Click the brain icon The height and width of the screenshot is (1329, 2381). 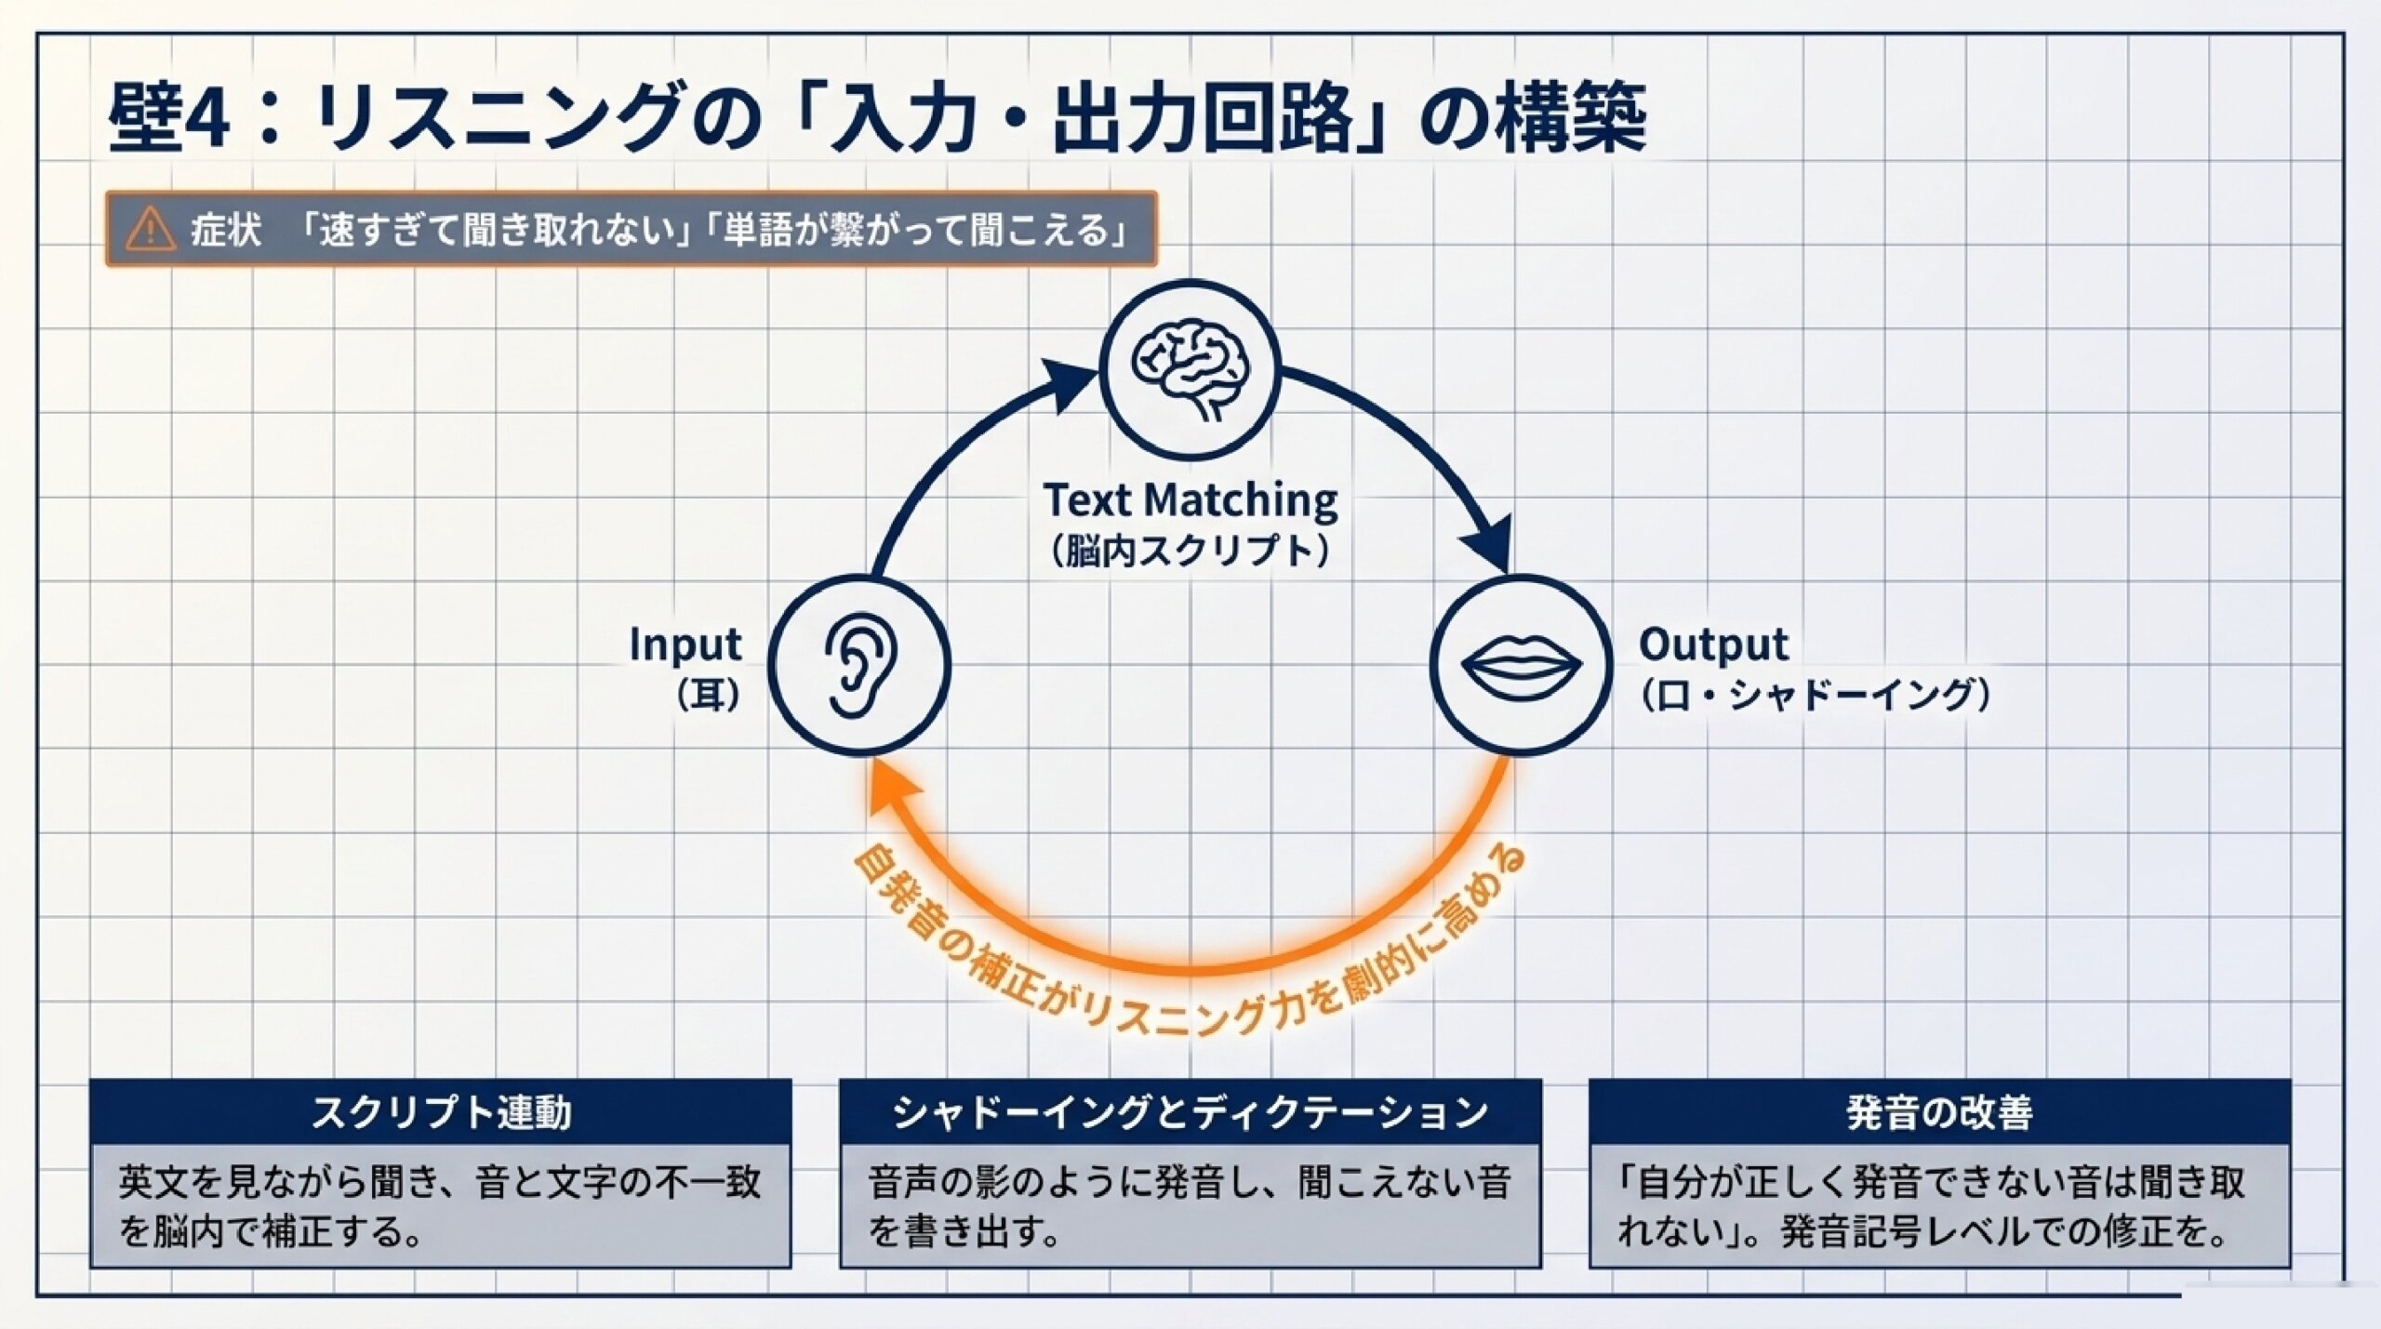point(1190,369)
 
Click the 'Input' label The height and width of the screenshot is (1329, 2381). point(685,645)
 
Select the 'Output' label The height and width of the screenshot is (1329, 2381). point(1713,644)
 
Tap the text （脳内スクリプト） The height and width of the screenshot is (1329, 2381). point(1190,552)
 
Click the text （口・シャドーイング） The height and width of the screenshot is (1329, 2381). point(1815,696)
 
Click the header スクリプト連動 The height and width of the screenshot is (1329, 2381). point(441,1112)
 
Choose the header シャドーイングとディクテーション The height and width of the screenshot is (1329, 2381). point(1190,1112)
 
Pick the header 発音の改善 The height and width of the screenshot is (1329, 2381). point(1939,1112)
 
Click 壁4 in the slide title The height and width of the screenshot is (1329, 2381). point(169,117)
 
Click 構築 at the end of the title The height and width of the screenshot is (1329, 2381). point(1574,117)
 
